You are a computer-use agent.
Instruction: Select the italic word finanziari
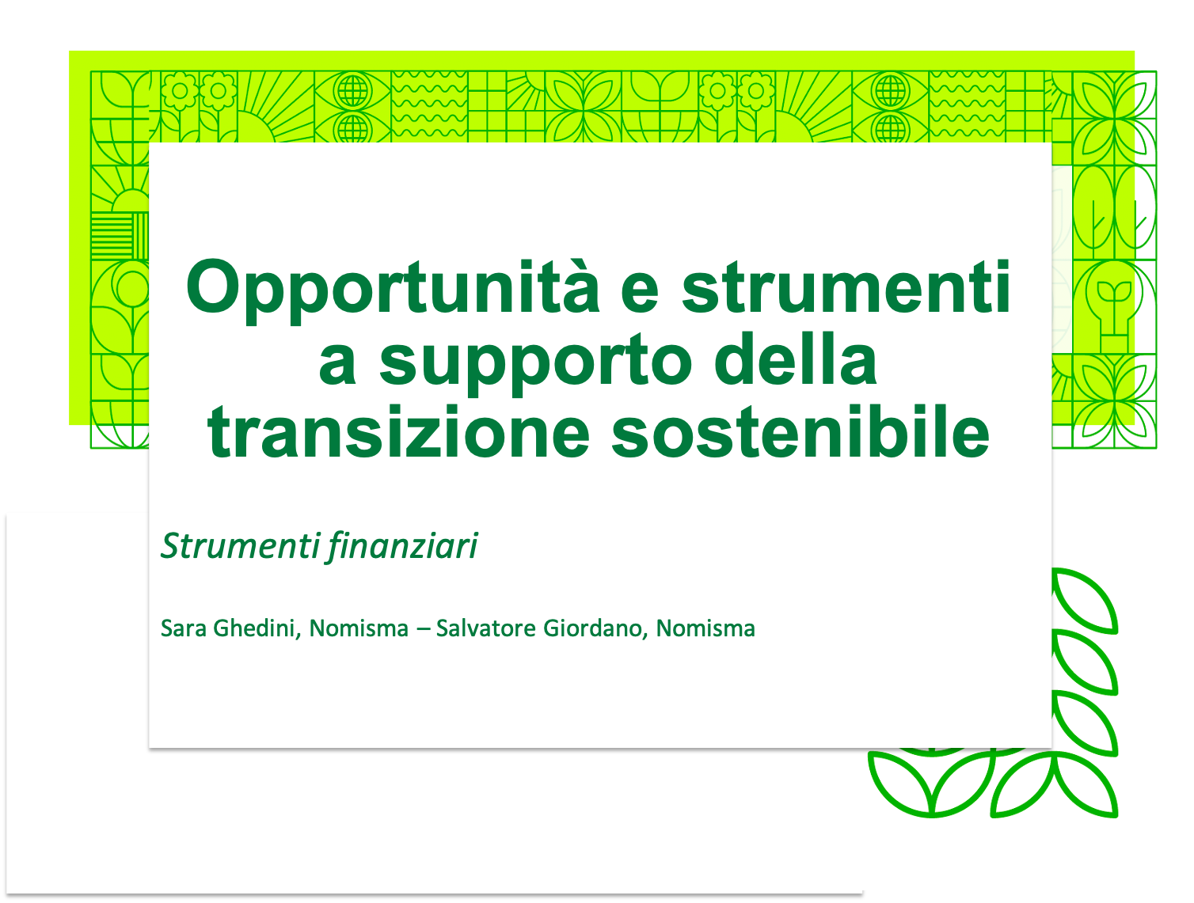(402, 546)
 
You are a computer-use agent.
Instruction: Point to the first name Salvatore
(486, 628)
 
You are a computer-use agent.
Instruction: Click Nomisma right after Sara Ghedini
(359, 628)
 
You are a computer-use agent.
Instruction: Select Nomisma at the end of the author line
(705, 628)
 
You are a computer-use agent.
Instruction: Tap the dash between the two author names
(423, 630)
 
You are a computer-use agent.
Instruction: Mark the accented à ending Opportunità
(580, 287)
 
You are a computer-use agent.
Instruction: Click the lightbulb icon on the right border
(1115, 306)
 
